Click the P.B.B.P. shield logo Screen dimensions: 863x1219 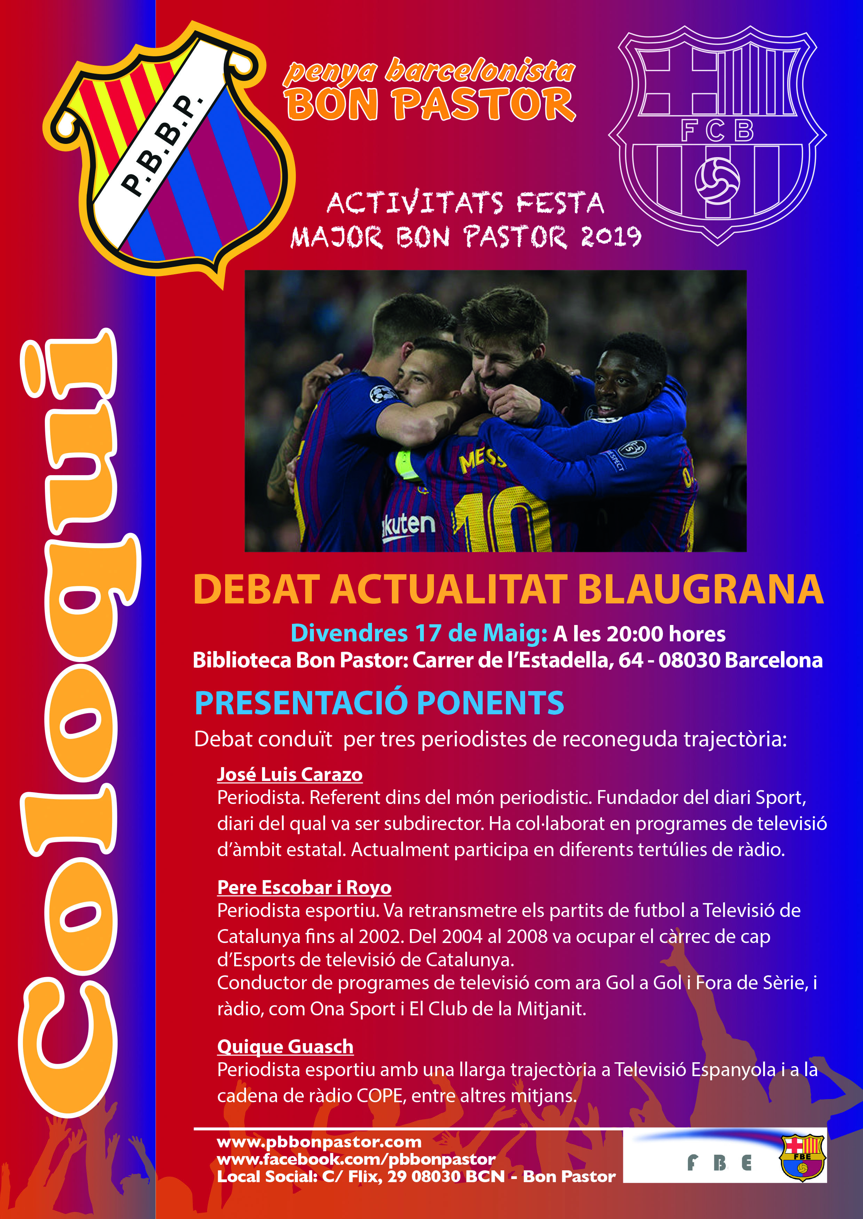point(169,154)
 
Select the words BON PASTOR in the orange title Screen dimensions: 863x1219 point(430,104)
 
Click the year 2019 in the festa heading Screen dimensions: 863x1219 point(611,237)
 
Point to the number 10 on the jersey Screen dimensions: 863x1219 point(499,523)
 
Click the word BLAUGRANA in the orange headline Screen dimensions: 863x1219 point(700,589)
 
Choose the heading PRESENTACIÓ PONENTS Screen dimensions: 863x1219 point(379,703)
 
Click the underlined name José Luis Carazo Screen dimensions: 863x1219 point(290,775)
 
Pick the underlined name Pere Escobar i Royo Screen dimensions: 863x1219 point(304,888)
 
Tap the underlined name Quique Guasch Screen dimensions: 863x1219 point(285,1047)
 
